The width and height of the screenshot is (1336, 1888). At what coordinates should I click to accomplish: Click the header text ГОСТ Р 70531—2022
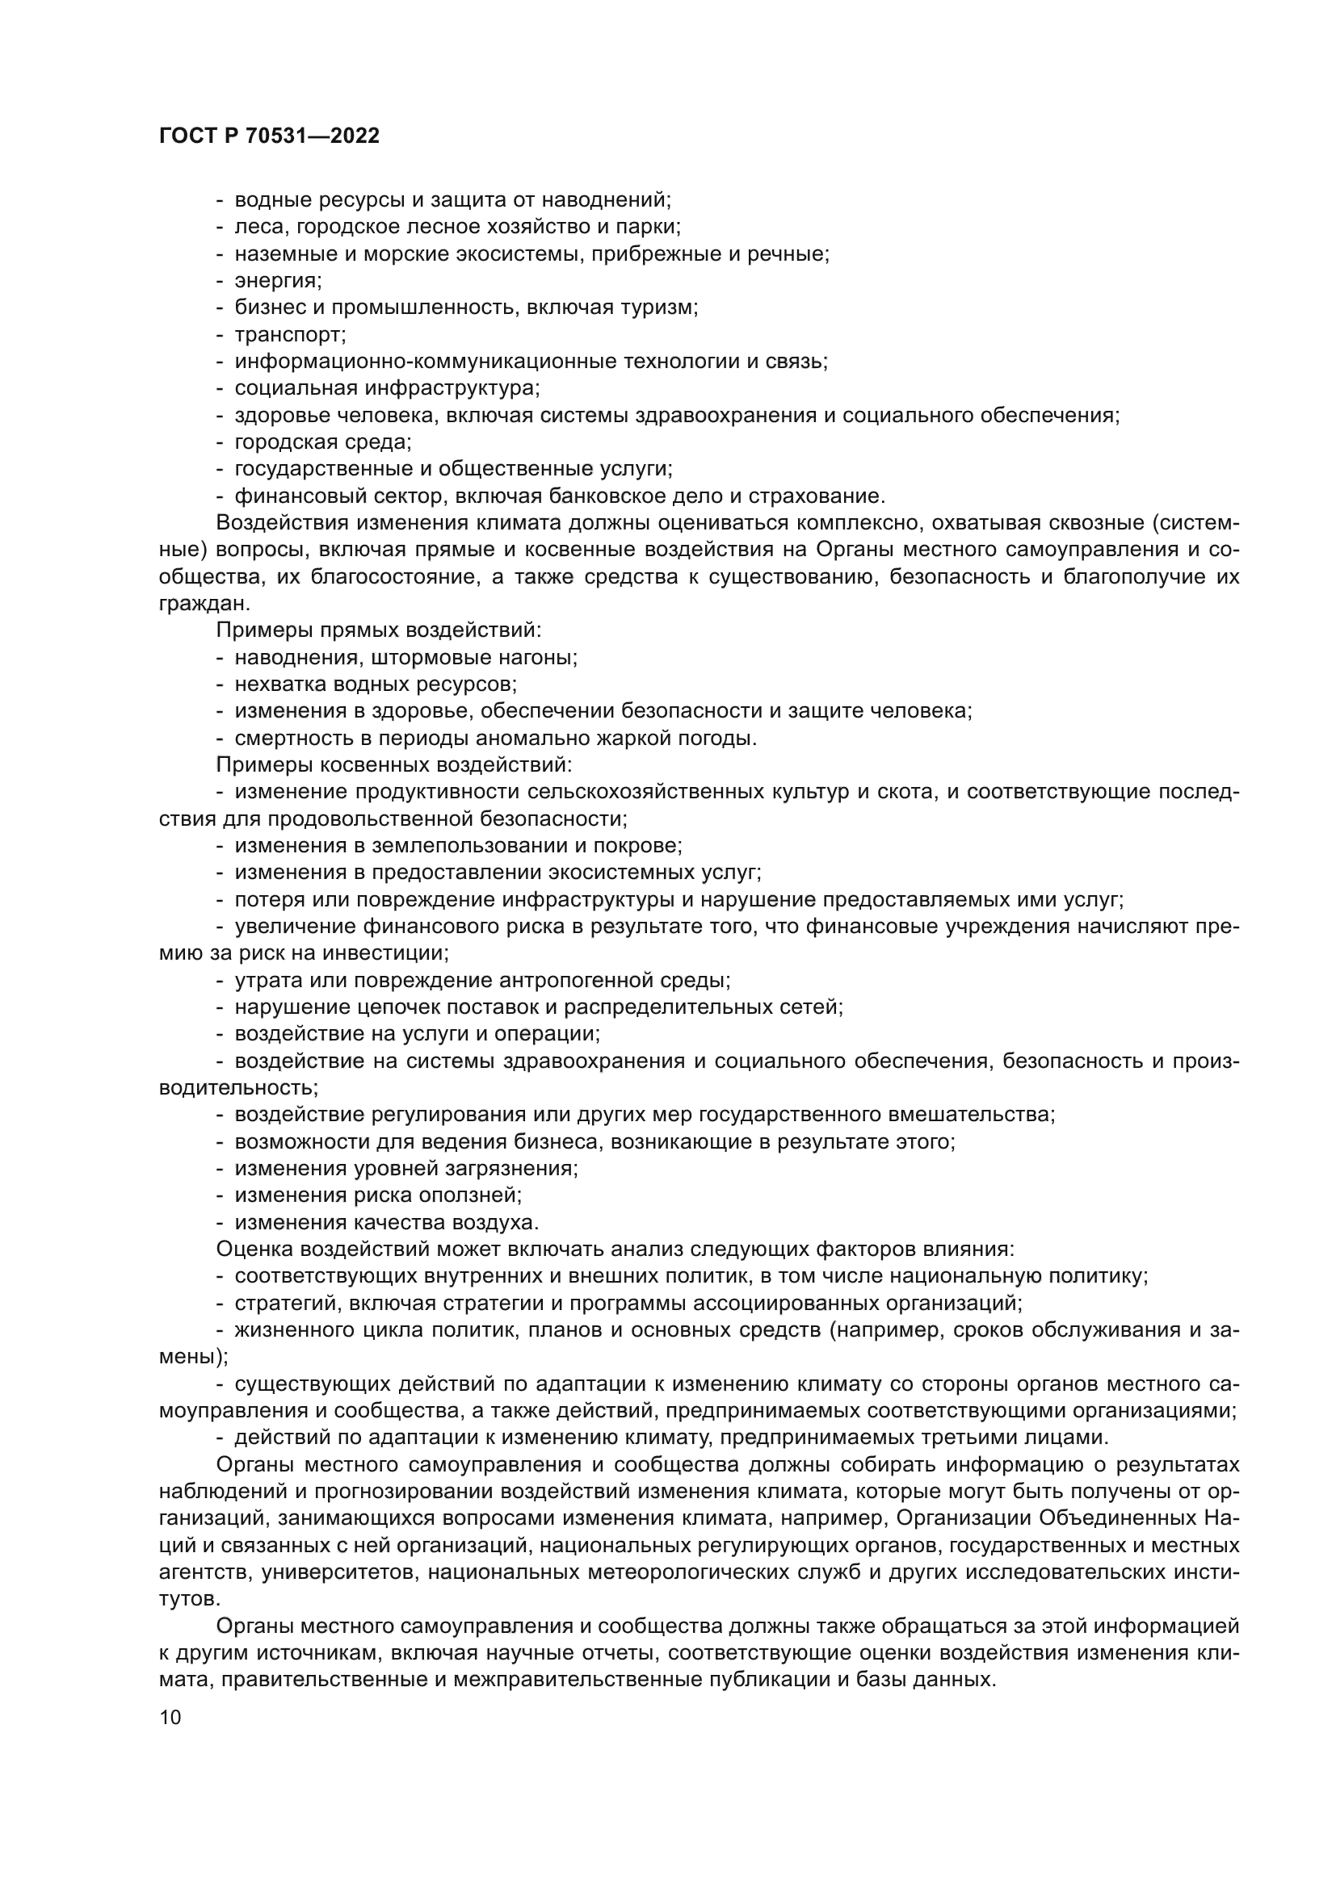269,136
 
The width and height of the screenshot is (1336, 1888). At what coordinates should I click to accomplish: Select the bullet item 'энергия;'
278,281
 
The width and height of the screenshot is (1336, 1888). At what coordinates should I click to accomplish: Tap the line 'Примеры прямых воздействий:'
378,630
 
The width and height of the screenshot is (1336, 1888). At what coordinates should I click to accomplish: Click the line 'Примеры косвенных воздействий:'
393,765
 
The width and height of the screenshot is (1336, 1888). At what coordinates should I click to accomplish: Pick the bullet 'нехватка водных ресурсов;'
375,684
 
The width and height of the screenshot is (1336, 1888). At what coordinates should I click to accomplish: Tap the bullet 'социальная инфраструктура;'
387,389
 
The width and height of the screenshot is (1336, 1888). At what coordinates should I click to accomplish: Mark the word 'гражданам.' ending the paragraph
203,605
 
